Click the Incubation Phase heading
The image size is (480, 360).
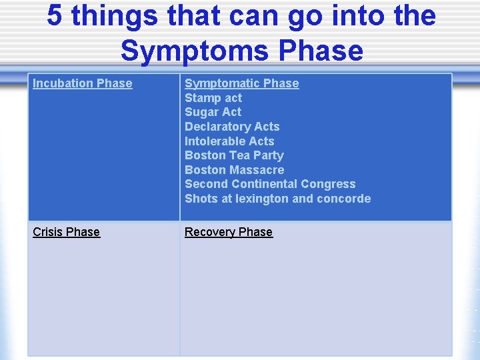tap(82, 83)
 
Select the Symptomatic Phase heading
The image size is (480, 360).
tap(241, 83)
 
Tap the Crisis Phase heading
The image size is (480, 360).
tap(66, 232)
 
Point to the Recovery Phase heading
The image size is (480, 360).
tap(228, 232)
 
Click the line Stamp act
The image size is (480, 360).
tap(213, 98)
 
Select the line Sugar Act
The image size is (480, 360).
tap(213, 112)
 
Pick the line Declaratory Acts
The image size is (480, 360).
tap(232, 127)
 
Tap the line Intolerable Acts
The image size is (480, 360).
tap(229, 141)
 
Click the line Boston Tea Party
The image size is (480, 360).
tap(234, 155)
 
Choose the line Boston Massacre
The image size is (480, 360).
tap(234, 170)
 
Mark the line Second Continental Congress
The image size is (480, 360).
tap(270, 184)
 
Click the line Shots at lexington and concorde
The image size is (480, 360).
tap(277, 199)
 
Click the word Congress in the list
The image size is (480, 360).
tap(328, 184)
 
